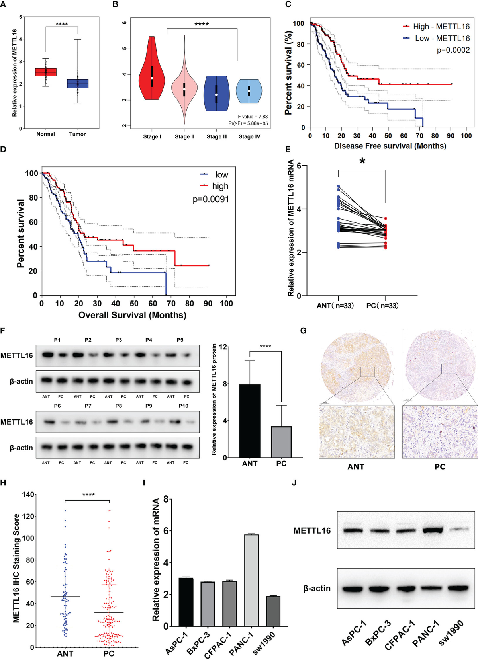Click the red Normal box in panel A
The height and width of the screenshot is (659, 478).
45,72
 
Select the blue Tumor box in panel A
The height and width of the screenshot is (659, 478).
77,84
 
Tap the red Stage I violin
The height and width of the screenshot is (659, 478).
151,72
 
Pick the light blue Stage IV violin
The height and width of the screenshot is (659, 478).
249,91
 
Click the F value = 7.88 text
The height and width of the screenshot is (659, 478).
253,117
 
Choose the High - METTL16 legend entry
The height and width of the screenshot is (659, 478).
436,27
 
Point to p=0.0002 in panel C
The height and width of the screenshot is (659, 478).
453,50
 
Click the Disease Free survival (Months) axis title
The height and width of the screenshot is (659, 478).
390,146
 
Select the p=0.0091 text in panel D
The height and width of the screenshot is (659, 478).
211,199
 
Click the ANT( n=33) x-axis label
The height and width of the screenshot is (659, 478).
335,306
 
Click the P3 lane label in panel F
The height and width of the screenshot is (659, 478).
118,340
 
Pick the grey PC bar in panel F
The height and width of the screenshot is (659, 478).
281,442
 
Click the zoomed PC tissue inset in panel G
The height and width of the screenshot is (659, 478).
440,432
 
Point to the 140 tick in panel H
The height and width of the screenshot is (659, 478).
29,495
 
